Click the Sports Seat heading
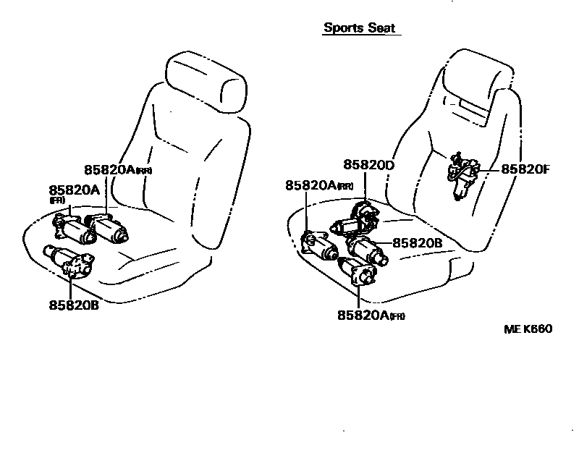pos(360,28)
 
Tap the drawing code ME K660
pos(528,329)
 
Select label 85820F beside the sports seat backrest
pos(525,169)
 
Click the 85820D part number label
pos(368,166)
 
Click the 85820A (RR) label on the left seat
pos(117,169)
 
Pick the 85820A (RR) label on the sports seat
pos(318,185)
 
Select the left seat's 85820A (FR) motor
pos(72,228)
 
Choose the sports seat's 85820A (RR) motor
pos(318,244)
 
